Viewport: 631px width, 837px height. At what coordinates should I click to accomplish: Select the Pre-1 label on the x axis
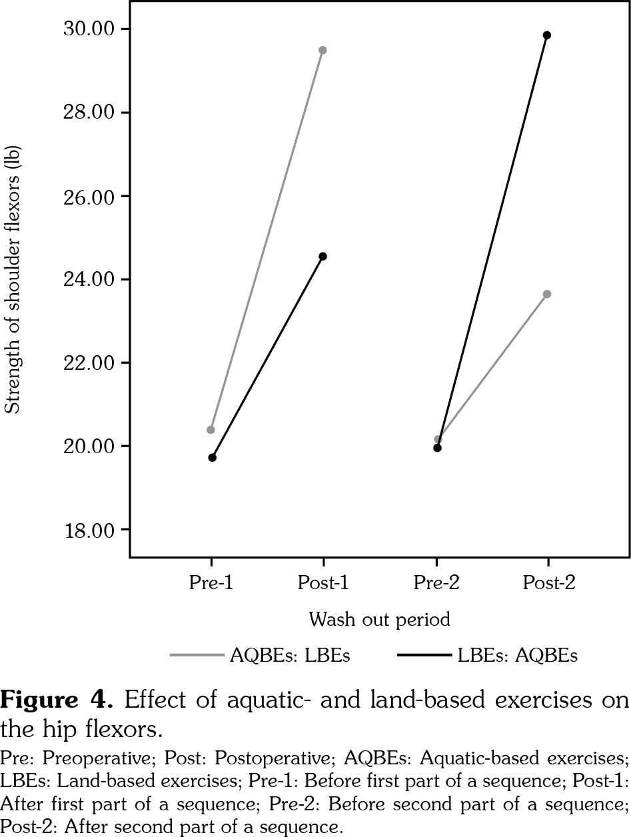pos(211,583)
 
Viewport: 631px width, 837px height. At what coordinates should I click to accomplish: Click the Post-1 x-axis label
pos(323,583)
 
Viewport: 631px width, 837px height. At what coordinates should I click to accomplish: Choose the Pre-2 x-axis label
pos(436,583)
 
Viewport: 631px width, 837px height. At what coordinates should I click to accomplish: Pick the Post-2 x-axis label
pos(548,583)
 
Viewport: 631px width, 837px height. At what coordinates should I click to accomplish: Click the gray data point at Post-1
pos(323,50)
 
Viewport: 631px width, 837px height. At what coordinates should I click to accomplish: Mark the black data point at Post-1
pos(323,256)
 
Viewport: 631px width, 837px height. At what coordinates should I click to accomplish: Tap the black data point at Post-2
pos(547,35)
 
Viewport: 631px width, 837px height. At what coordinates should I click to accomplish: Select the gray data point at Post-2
pos(547,294)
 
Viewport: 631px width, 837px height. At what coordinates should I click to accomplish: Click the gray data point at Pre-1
pos(211,430)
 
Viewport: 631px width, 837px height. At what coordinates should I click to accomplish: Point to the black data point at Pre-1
pos(212,458)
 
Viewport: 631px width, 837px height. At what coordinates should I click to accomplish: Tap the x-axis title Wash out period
pos(379,620)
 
